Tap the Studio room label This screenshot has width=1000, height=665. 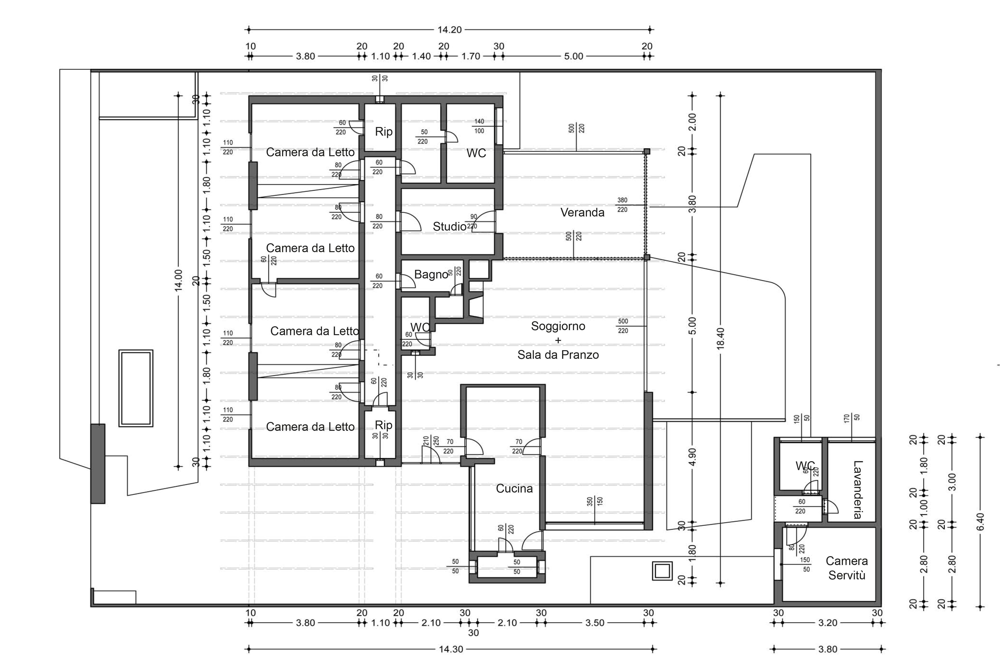(449, 227)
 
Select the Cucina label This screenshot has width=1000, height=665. (514, 488)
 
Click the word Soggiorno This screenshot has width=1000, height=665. (558, 326)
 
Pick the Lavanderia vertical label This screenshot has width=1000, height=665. (858, 490)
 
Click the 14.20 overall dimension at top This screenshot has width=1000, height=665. (450, 30)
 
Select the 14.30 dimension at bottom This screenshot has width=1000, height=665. (451, 649)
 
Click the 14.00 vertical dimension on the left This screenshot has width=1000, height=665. (178, 280)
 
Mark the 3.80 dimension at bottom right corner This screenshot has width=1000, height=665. (827, 649)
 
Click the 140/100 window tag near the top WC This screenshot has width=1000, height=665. (479, 126)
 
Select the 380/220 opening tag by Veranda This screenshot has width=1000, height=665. (622, 205)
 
